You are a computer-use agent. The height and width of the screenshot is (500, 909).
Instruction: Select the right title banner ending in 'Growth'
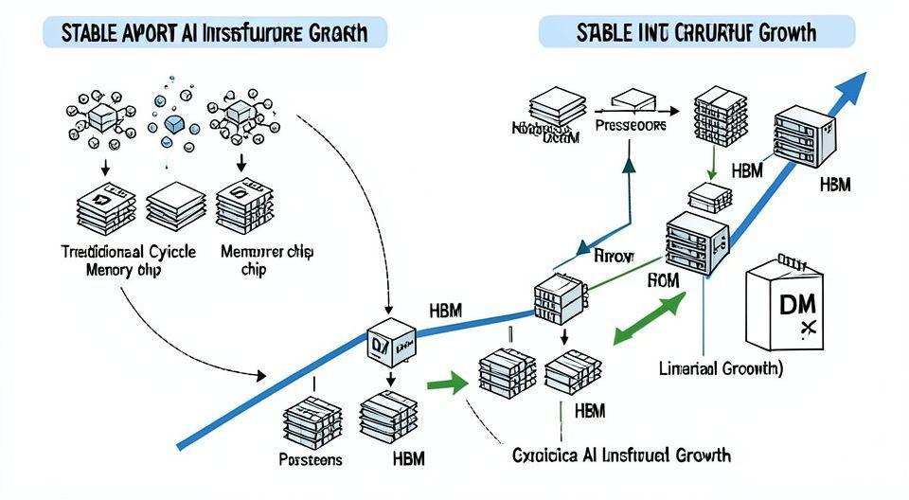point(696,33)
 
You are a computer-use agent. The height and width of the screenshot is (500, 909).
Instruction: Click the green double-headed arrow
point(651,319)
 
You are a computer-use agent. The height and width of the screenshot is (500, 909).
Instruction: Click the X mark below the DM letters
point(808,328)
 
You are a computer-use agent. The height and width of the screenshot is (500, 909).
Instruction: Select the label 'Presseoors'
point(631,124)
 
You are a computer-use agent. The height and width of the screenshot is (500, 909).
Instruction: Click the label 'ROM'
point(663,281)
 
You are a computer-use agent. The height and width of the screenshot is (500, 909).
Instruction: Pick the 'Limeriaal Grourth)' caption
point(721,368)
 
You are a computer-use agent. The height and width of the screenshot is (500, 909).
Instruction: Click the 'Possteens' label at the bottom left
point(312,460)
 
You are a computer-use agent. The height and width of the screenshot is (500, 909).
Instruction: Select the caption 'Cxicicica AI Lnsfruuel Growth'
point(621,455)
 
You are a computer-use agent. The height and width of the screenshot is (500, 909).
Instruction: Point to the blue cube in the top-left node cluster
point(173,124)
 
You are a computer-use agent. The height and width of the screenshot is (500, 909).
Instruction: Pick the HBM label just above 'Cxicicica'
point(590,411)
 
